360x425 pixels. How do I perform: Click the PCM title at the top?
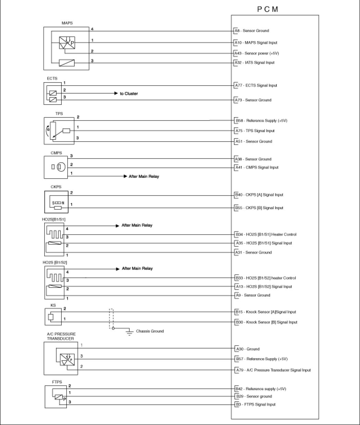(267, 9)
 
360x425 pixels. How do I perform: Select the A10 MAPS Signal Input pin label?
(256, 42)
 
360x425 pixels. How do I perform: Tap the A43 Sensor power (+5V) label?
(256, 53)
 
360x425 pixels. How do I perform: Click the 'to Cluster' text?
(129, 94)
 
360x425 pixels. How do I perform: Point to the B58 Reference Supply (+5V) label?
(261, 121)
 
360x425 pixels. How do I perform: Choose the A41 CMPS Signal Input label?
(256, 167)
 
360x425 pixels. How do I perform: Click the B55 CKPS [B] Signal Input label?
(259, 208)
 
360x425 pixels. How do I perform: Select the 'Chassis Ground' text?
(150, 331)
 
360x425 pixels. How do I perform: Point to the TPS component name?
(59, 113)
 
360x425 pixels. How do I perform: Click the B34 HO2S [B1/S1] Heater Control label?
(265, 234)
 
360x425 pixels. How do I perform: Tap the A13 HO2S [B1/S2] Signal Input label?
(263, 287)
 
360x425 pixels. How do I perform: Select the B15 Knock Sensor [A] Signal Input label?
(265, 312)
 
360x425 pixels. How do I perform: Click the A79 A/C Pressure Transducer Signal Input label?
(273, 370)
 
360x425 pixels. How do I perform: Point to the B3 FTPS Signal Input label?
(255, 404)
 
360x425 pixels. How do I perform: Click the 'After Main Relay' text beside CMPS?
(144, 177)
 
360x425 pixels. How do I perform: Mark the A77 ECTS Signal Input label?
(256, 85)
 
